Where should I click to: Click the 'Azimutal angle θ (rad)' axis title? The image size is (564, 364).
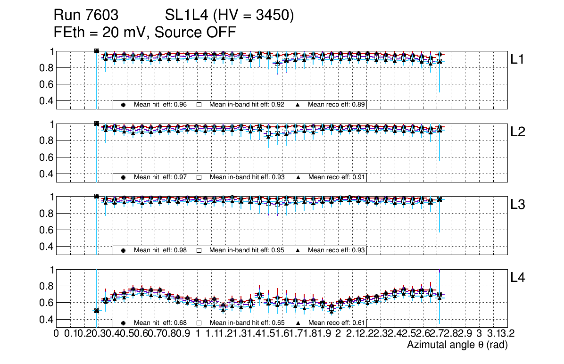point(457,345)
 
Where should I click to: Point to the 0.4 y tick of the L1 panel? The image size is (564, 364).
point(46,101)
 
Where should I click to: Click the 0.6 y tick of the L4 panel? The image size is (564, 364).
point(46,303)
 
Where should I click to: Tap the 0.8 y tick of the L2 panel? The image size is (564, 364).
point(46,141)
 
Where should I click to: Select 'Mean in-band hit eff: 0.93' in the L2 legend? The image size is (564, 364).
point(247,177)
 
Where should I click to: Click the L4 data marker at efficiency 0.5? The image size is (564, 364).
point(97,311)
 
